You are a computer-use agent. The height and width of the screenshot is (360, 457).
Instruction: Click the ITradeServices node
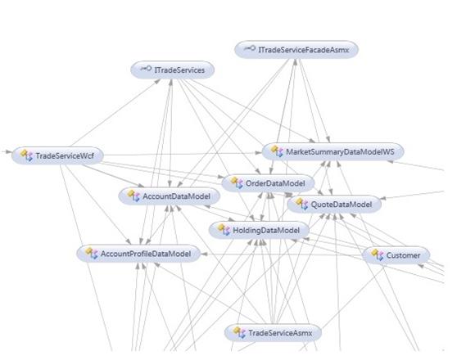pyautogui.click(x=172, y=70)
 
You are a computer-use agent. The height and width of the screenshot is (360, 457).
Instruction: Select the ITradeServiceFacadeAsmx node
pyautogui.click(x=296, y=50)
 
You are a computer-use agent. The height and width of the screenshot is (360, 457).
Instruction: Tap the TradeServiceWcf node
pyautogui.click(x=57, y=155)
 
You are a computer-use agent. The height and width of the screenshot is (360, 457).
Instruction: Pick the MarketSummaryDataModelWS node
pyautogui.click(x=333, y=151)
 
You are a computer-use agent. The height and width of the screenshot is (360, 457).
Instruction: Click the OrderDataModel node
pyautogui.click(x=268, y=183)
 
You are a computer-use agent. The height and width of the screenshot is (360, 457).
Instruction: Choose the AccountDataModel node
pyautogui.click(x=169, y=196)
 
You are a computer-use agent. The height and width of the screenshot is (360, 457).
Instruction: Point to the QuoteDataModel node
pyautogui.click(x=334, y=205)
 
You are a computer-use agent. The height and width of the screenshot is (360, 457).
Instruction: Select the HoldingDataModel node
pyautogui.click(x=259, y=231)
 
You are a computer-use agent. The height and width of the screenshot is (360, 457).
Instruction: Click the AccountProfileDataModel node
pyautogui.click(x=138, y=254)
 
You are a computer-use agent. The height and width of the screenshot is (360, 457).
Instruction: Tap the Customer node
pyautogui.click(x=396, y=255)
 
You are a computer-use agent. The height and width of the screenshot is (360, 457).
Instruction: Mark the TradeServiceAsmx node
pyautogui.click(x=273, y=333)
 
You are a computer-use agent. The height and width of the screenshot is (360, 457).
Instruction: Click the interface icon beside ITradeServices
pyautogui.click(x=146, y=69)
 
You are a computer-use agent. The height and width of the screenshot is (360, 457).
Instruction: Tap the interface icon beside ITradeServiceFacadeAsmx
pyautogui.click(x=250, y=48)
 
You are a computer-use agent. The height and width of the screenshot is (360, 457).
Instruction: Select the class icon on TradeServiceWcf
pyautogui.click(x=27, y=155)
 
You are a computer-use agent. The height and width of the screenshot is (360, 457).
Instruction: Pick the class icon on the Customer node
pyautogui.click(x=378, y=254)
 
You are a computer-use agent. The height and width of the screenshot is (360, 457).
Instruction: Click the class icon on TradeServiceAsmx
pyautogui.click(x=240, y=332)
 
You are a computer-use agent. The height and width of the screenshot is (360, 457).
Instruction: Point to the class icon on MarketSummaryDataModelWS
pyautogui.click(x=277, y=151)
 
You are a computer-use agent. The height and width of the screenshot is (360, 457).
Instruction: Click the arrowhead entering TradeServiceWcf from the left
pyautogui.click(x=9, y=151)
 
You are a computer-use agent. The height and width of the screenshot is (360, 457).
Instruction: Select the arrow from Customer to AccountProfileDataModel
pyautogui.click(x=282, y=254)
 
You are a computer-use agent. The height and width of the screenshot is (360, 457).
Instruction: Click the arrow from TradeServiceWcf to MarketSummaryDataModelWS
pyautogui.click(x=183, y=154)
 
